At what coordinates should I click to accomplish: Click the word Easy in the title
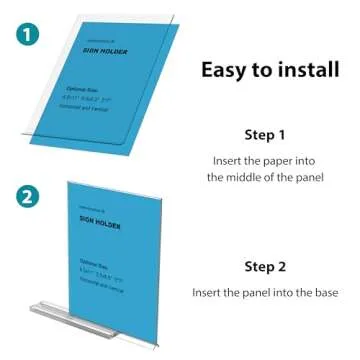223,70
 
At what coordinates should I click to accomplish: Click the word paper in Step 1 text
279,159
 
